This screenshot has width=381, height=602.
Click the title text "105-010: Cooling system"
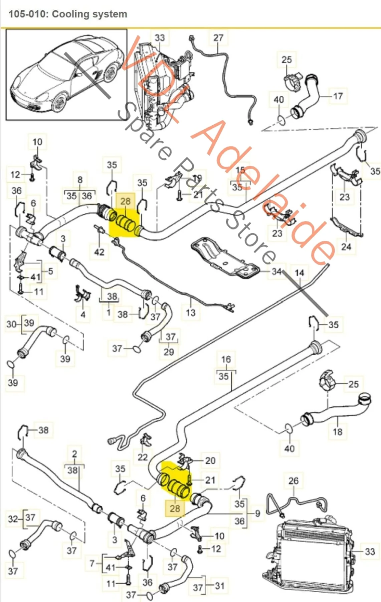[x=68, y=14]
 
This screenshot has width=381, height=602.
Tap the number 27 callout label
[x=218, y=38]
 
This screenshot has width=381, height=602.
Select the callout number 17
[x=338, y=96]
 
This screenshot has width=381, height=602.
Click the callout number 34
[x=276, y=271]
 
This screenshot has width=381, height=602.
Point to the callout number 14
[x=299, y=273]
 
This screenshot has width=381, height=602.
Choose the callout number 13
[x=191, y=313]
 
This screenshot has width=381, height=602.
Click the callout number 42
[x=99, y=252]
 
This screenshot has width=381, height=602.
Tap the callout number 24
[x=346, y=247]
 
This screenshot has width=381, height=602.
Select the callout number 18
[x=338, y=432]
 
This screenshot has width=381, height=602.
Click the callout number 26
[x=293, y=481]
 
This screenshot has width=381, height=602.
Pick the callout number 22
[x=143, y=457]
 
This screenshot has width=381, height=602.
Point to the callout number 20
[x=210, y=461]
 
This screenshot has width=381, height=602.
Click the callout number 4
[x=83, y=314]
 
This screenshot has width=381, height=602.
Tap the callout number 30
[x=11, y=324]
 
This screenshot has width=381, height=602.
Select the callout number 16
[x=226, y=360]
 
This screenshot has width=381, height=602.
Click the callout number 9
[x=257, y=513]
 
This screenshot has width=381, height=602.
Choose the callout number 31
[x=219, y=586]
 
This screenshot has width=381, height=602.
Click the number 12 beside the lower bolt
[x=216, y=549]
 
